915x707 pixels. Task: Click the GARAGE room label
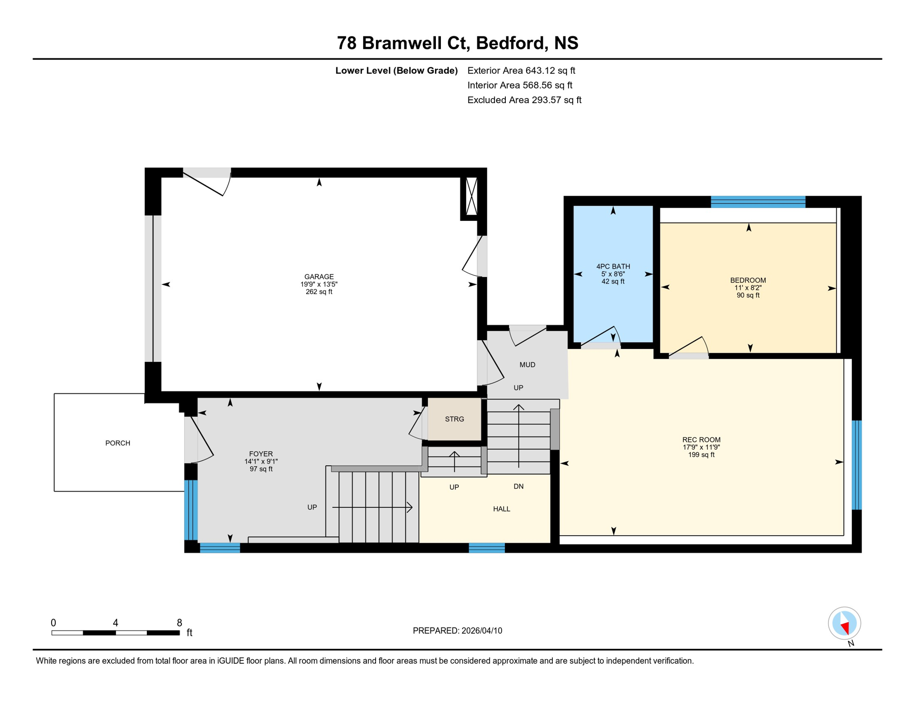[319, 277]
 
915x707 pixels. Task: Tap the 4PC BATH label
[613, 266]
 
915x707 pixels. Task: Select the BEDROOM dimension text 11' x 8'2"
[747, 288]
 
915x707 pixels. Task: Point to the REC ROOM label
[701, 440]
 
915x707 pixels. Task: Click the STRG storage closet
[454, 419]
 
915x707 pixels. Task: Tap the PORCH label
[118, 443]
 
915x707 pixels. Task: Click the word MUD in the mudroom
[527, 365]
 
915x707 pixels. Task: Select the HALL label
[501, 509]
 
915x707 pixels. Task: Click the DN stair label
[518, 486]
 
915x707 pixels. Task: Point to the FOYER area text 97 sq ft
[261, 469]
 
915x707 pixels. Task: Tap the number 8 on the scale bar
[179, 623]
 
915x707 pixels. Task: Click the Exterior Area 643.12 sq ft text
[521, 70]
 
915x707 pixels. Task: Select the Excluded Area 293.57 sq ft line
[524, 100]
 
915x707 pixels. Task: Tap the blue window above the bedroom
[758, 202]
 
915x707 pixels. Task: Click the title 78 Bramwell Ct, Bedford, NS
[457, 43]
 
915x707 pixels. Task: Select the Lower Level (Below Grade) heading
[396, 70]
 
